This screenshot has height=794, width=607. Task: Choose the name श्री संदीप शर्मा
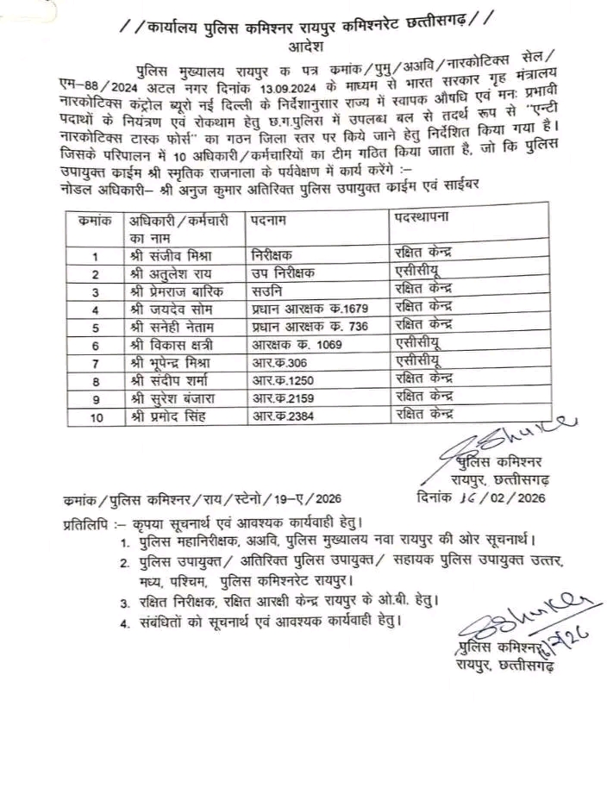pyautogui.click(x=170, y=380)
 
